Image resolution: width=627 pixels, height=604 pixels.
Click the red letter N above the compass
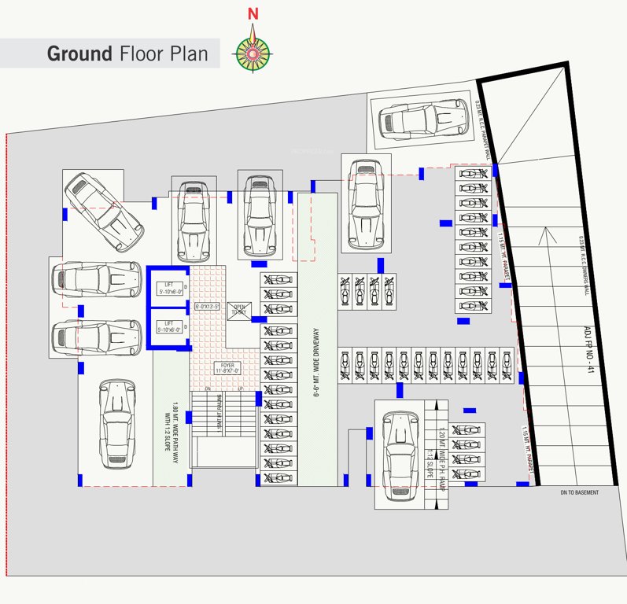click(253, 13)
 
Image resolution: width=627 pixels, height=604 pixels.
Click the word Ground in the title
click(79, 53)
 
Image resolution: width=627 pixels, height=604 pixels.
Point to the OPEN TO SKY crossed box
click(238, 311)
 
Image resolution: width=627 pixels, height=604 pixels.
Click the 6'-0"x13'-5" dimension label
click(208, 306)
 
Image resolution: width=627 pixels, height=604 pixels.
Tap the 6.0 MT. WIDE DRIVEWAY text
click(316, 361)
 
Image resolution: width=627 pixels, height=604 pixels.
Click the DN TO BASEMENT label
click(579, 492)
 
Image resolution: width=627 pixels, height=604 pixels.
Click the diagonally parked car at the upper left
click(103, 209)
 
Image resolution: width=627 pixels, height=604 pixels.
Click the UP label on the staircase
click(239, 390)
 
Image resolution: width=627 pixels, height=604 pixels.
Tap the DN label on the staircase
click(208, 390)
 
